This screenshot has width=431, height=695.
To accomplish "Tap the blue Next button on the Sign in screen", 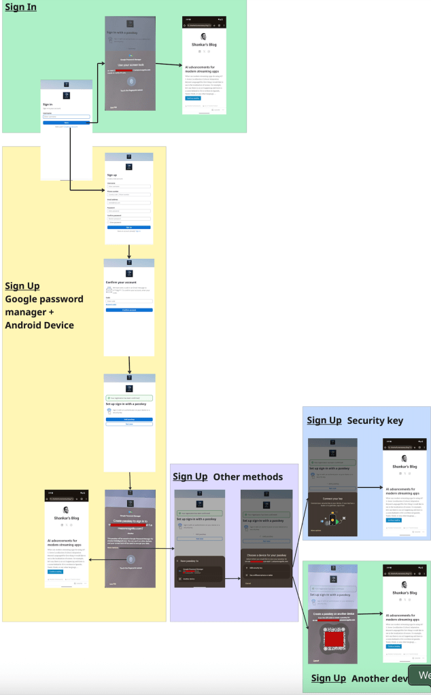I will [66, 122].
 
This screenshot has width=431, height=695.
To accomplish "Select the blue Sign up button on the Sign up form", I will [129, 227].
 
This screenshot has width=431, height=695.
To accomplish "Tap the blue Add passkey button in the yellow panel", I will [129, 420].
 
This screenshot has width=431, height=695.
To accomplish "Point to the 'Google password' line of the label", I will [44, 299].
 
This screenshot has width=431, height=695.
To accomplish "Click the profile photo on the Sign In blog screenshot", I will [204, 37].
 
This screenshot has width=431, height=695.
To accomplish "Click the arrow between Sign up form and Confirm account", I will [129, 251].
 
